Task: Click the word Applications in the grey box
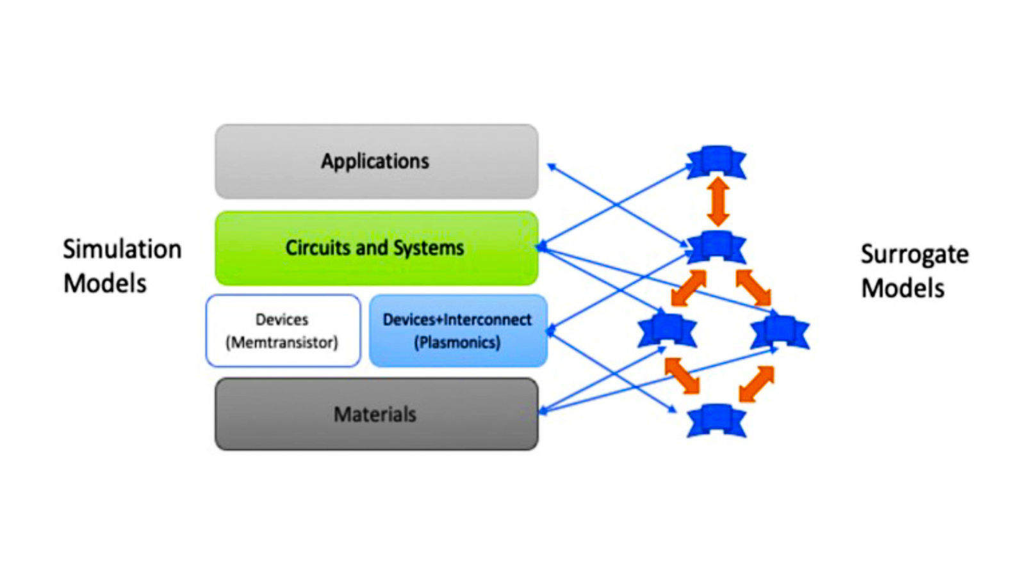click(x=375, y=161)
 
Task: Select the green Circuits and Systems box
click(x=377, y=248)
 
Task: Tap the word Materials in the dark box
click(x=375, y=414)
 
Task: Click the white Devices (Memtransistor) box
click(x=283, y=330)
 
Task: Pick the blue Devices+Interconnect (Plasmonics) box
click(x=458, y=330)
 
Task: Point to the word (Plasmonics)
click(x=457, y=342)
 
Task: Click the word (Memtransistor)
click(x=282, y=342)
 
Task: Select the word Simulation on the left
click(x=122, y=250)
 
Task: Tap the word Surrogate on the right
click(x=915, y=255)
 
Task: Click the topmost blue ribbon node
click(x=717, y=163)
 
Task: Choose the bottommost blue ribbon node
click(x=717, y=420)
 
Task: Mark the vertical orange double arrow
click(x=718, y=202)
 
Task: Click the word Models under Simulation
click(x=105, y=284)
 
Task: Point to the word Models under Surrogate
click(x=903, y=288)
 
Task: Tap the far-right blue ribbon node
click(x=780, y=332)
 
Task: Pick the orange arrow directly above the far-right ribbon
click(x=753, y=287)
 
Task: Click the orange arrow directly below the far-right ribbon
click(x=757, y=384)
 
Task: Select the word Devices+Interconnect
click(x=457, y=320)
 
